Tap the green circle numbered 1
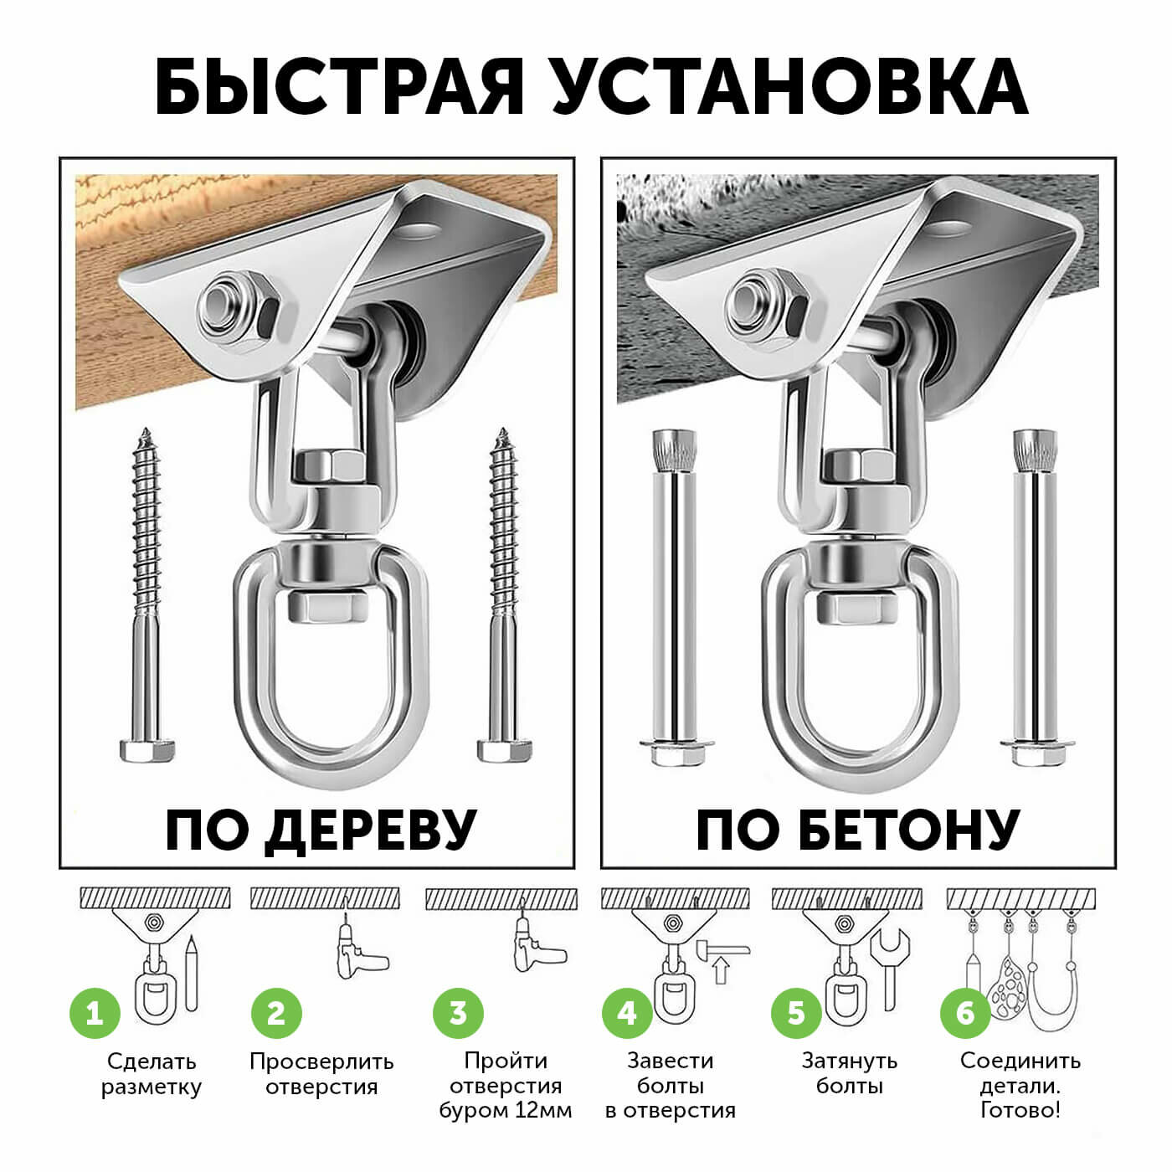[x=95, y=1013]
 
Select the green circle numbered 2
[x=276, y=1013]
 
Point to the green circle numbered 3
[x=458, y=1013]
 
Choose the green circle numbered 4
[x=627, y=1013]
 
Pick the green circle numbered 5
[x=796, y=1013]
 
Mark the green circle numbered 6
[x=966, y=1013]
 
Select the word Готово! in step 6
[x=1020, y=1111]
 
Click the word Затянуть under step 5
[x=850, y=1061]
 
